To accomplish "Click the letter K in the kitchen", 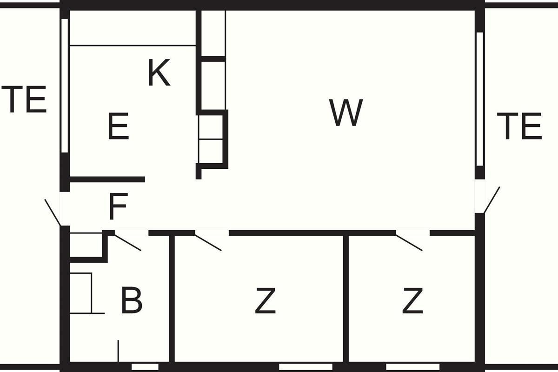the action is (x=159, y=73).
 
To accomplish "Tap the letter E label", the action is (x=119, y=126).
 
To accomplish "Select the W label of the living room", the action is (x=346, y=113).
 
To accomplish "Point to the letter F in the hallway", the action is (x=118, y=206).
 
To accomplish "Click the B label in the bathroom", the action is (x=132, y=300).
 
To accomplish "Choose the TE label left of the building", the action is (x=24, y=99).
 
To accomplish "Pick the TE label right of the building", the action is (x=519, y=126).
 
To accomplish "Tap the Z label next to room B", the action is (x=266, y=301).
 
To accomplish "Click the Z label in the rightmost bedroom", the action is (x=413, y=301).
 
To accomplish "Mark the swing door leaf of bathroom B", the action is (x=127, y=242).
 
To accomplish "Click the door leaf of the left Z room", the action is (x=208, y=242).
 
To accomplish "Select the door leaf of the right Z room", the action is (x=409, y=242).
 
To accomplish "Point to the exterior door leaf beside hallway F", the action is (x=53, y=213).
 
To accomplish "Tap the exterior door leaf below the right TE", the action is (x=492, y=200).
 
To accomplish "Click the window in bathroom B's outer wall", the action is (x=145, y=367).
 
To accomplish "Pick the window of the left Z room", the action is (x=306, y=367).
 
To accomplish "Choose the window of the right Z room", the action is (x=413, y=367).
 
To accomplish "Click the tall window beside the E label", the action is (x=65, y=86).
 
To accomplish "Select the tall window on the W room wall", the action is (x=480, y=99).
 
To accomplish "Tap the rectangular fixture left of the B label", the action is (x=81, y=293).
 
